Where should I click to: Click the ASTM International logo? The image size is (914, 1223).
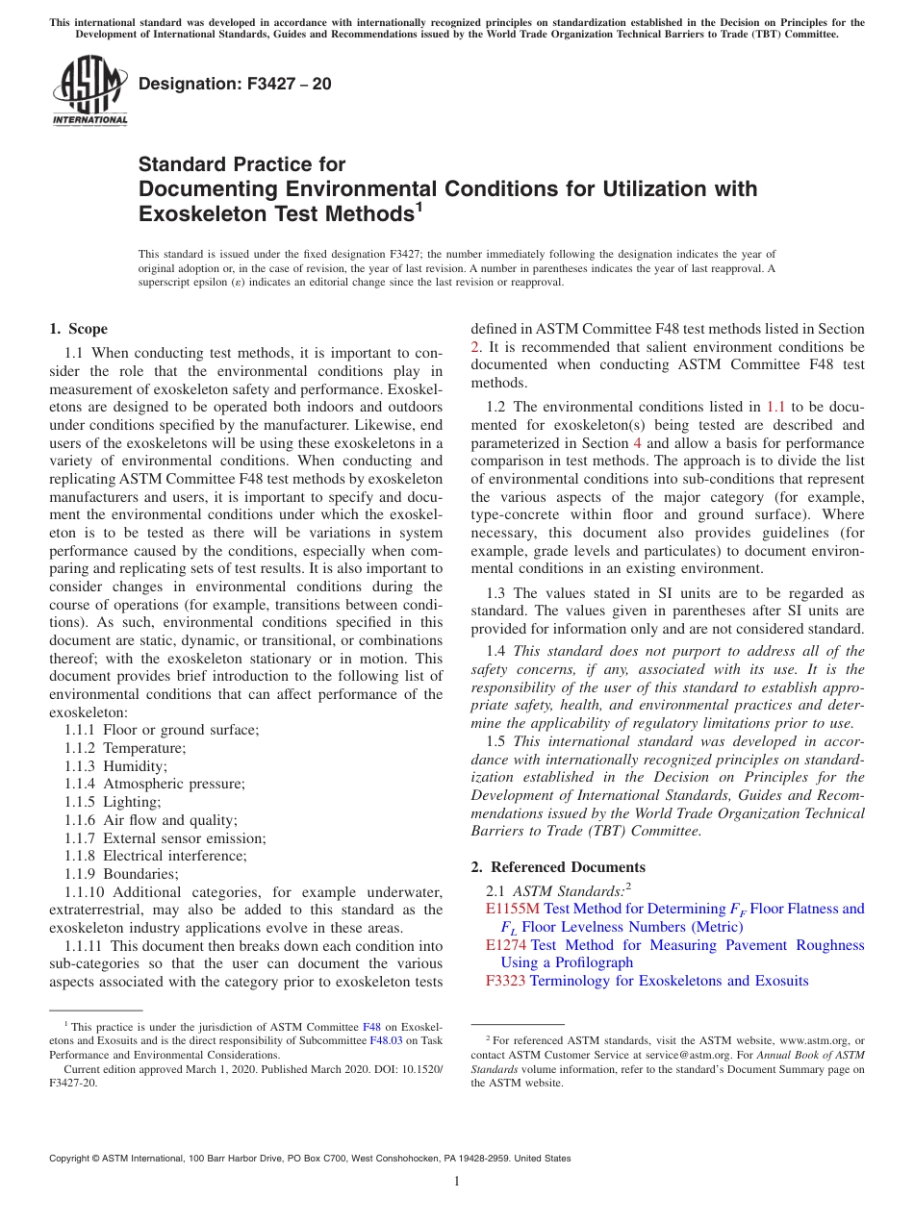[89, 91]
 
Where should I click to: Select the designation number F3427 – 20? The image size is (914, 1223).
[235, 84]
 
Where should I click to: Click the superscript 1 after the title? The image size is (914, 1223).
[419, 207]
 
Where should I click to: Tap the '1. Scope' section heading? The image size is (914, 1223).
[79, 329]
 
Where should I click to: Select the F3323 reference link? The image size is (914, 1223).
[506, 981]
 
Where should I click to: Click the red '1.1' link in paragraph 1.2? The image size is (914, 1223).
[774, 407]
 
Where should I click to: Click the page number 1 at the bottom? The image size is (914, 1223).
[457, 1182]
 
